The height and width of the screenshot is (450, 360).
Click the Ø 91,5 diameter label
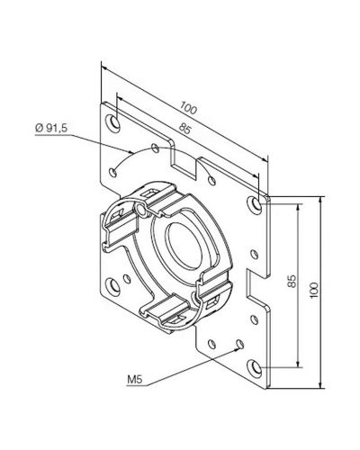51,128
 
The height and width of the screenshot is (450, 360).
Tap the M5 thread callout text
134,380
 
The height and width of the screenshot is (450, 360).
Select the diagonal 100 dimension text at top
189,108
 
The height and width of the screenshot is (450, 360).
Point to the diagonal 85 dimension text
184,129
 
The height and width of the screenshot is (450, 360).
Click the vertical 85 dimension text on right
292,281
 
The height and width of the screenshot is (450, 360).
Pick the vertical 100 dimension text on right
313,290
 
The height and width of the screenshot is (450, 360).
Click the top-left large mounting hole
113,122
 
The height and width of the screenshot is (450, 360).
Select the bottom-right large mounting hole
255,368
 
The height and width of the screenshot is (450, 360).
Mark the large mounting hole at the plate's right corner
255,205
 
